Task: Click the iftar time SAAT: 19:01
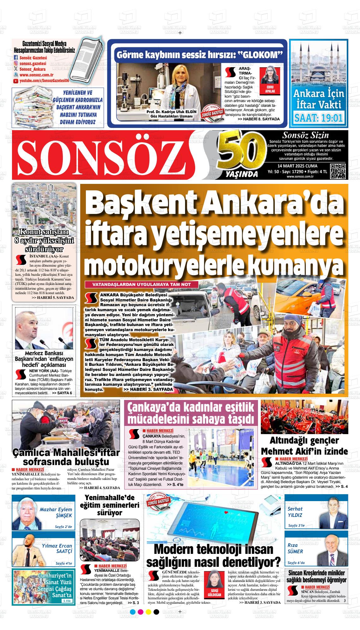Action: click(x=318, y=118)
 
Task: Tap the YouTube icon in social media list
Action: click(x=16, y=81)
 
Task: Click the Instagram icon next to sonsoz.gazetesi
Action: click(x=16, y=64)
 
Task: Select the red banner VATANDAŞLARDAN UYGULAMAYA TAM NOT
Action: click(x=141, y=285)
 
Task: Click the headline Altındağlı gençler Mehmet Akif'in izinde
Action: click(x=304, y=446)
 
